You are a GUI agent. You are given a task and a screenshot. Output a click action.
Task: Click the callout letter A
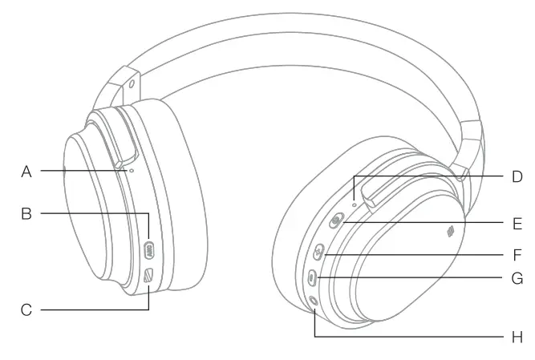pos(26,171)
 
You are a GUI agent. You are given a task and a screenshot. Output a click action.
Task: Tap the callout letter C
pos(26,309)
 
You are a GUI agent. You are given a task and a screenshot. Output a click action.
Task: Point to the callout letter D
pos(517,176)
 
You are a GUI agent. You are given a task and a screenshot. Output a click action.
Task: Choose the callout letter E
pos(517,223)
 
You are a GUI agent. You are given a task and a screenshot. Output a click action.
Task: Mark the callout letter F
pos(517,256)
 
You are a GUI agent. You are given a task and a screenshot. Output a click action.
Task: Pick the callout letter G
pos(517,279)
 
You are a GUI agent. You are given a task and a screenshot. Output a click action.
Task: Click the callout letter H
pos(517,337)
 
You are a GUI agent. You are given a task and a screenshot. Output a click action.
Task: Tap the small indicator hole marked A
pos(131,170)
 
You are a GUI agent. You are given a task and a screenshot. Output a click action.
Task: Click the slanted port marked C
pos(148,276)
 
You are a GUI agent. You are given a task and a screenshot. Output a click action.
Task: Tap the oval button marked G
pos(313,277)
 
